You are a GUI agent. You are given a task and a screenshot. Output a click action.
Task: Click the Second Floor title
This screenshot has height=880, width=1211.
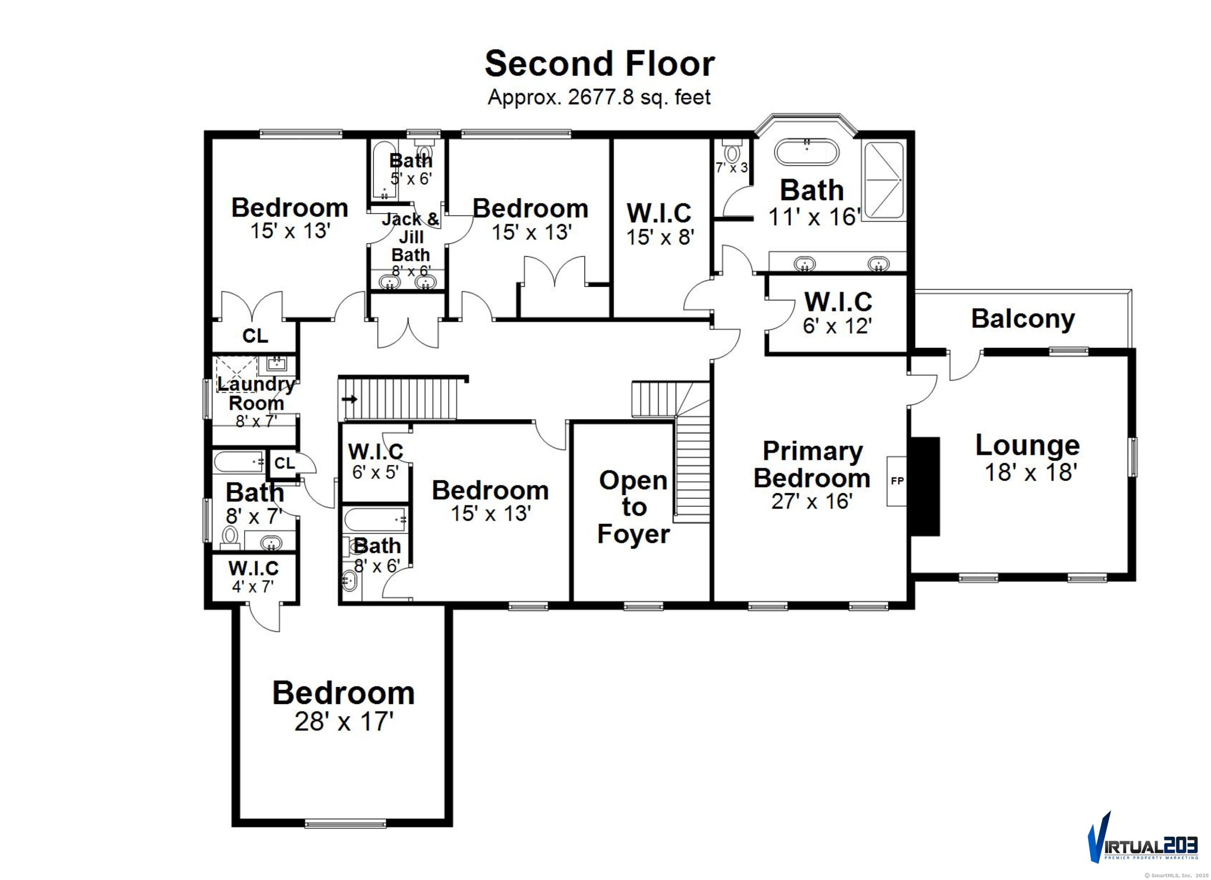coord(599,64)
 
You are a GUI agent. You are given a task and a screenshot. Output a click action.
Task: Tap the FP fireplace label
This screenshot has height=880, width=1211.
coord(897,481)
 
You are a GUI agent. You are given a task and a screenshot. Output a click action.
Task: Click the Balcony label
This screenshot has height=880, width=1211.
coord(1023,319)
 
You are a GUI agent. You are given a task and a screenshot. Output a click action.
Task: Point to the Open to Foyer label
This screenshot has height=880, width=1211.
coord(633,507)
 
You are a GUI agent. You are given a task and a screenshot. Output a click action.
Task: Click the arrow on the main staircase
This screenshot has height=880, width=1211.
coord(350,399)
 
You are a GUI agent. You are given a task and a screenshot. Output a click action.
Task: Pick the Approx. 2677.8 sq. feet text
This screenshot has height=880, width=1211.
coord(599,97)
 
